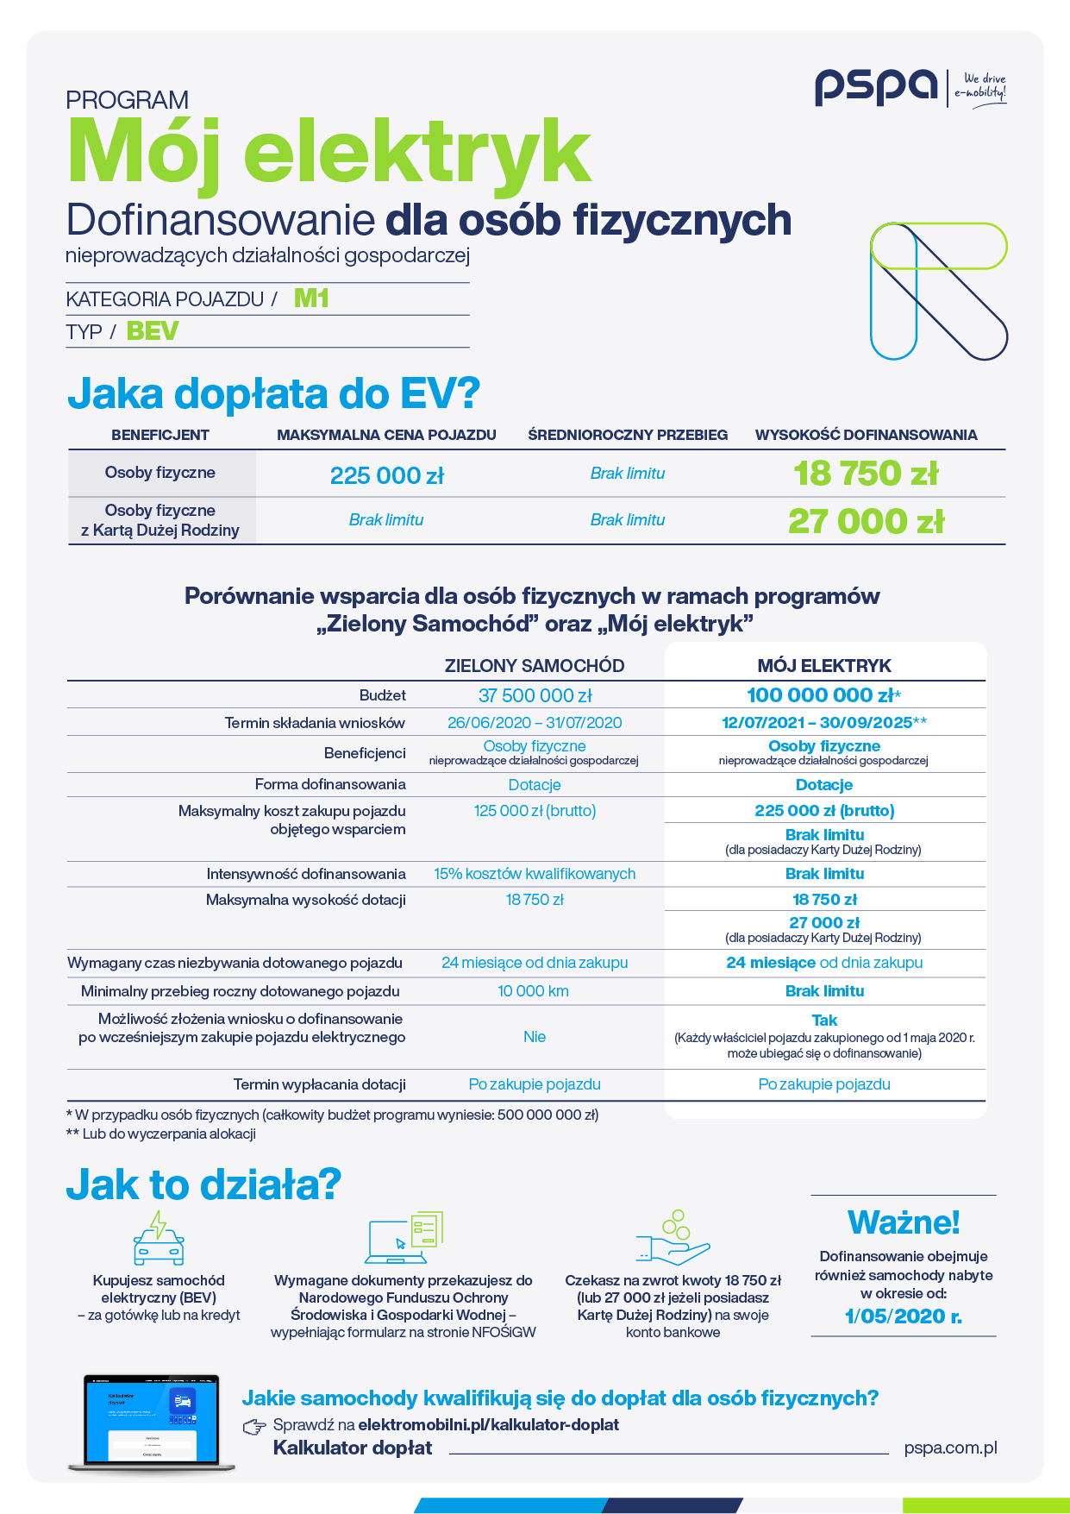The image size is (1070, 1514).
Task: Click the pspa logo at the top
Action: (x=876, y=87)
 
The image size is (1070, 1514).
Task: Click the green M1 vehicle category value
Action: (x=311, y=298)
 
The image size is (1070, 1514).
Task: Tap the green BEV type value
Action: (x=153, y=331)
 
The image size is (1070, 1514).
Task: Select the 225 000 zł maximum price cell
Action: (x=386, y=475)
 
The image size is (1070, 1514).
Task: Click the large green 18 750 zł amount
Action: (x=866, y=474)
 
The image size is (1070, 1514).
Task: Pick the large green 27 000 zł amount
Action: (x=866, y=521)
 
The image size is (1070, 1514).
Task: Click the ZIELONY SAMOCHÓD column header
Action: (x=535, y=666)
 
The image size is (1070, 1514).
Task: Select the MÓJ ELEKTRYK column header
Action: (x=824, y=666)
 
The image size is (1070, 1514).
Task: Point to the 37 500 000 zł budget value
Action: (x=535, y=695)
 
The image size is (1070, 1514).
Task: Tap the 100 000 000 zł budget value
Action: (x=820, y=695)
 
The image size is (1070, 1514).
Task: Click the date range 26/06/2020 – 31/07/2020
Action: (x=535, y=723)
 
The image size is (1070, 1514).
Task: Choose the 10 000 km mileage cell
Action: (x=534, y=991)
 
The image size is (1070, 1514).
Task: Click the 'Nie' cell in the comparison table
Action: (x=535, y=1037)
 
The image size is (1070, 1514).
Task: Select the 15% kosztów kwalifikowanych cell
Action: (x=535, y=874)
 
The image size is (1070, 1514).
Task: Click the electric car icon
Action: (x=159, y=1239)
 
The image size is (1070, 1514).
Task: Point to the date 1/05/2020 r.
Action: (x=903, y=1316)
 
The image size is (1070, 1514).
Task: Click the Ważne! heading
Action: (x=904, y=1222)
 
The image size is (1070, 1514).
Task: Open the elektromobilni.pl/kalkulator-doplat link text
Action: (x=488, y=1424)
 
